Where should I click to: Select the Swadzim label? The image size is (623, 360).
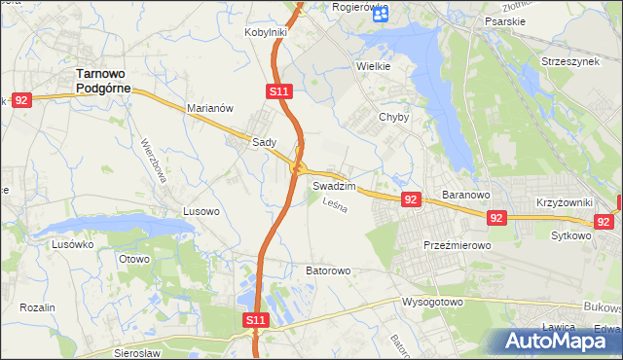click(x=334, y=185)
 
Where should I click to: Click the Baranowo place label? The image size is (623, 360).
click(x=464, y=195)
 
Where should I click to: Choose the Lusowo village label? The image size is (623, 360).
click(x=202, y=210)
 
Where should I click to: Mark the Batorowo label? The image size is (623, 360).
click(x=328, y=270)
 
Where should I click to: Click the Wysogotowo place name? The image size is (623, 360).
click(x=432, y=302)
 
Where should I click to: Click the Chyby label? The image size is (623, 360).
click(x=393, y=117)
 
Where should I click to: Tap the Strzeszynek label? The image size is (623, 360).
click(x=570, y=59)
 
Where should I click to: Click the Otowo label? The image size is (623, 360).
click(x=133, y=259)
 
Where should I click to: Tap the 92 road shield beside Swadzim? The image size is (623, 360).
click(x=410, y=199)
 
